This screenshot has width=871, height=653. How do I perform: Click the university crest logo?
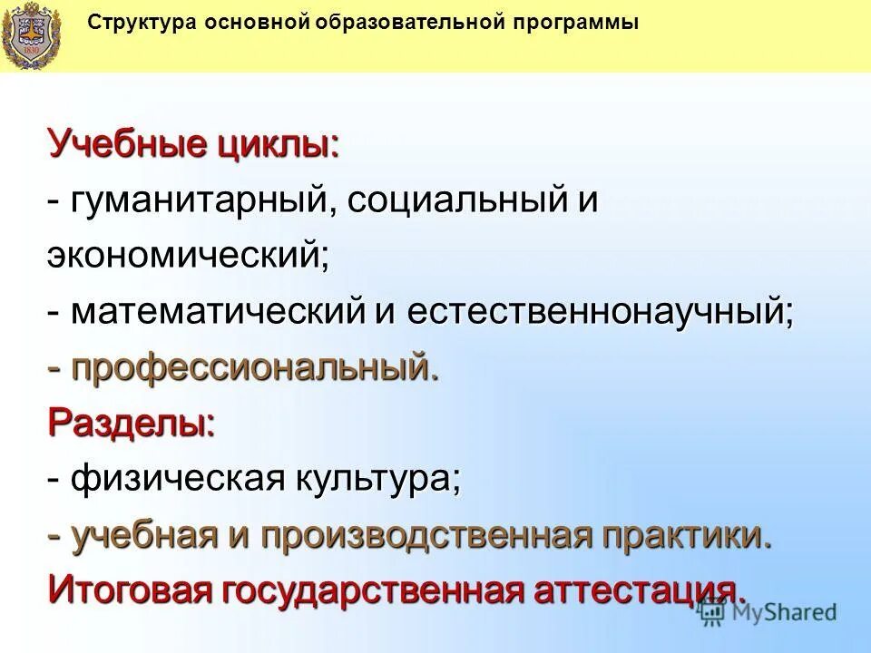point(31,34)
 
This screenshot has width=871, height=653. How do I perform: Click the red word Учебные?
point(128,144)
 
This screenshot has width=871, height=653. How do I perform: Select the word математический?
point(219,313)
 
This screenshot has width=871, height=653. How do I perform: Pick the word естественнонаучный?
point(600,313)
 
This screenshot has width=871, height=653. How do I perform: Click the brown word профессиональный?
point(255,368)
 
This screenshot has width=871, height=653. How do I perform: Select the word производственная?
point(426,534)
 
